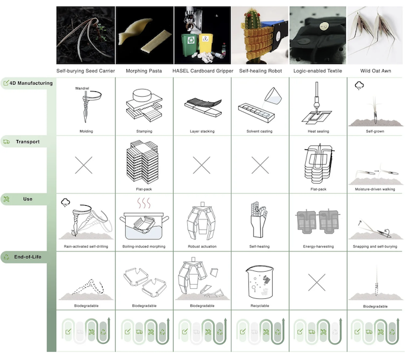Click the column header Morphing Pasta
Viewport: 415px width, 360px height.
click(x=143, y=71)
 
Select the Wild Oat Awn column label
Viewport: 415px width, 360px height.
click(x=375, y=71)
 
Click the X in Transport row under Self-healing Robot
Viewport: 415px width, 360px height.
click(x=260, y=165)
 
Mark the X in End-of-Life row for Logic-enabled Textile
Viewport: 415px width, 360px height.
click(x=317, y=282)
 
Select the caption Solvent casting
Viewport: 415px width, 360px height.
click(x=260, y=131)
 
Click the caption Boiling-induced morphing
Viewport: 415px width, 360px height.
click(x=144, y=247)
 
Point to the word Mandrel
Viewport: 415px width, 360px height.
click(x=82, y=88)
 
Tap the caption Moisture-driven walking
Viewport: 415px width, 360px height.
click(x=375, y=189)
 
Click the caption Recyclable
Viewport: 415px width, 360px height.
click(x=260, y=306)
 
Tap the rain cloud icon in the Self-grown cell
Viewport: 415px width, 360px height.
click(x=359, y=86)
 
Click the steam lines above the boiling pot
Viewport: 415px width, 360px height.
click(x=143, y=203)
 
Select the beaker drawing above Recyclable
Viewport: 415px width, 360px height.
click(x=260, y=282)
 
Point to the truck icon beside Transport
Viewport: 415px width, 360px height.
click(x=7, y=142)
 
